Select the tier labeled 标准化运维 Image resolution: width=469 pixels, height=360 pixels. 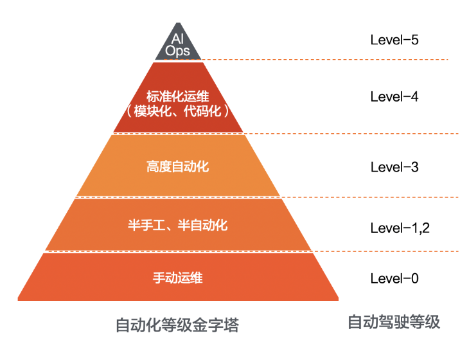178,84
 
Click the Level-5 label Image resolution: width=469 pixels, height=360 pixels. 394,39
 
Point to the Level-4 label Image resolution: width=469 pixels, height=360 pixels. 394,97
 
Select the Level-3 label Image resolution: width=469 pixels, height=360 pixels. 394,167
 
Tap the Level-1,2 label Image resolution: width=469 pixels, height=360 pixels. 400,227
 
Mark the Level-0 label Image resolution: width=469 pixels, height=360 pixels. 394,278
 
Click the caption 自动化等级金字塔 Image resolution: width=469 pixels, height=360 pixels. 177,325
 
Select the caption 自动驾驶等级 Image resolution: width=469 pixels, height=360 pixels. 394,322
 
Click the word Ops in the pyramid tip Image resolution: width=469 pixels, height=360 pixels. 178,51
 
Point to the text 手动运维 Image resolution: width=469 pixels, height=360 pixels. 178,278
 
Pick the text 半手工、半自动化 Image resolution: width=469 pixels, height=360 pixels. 178,226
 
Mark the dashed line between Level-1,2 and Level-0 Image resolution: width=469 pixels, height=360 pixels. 385,251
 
